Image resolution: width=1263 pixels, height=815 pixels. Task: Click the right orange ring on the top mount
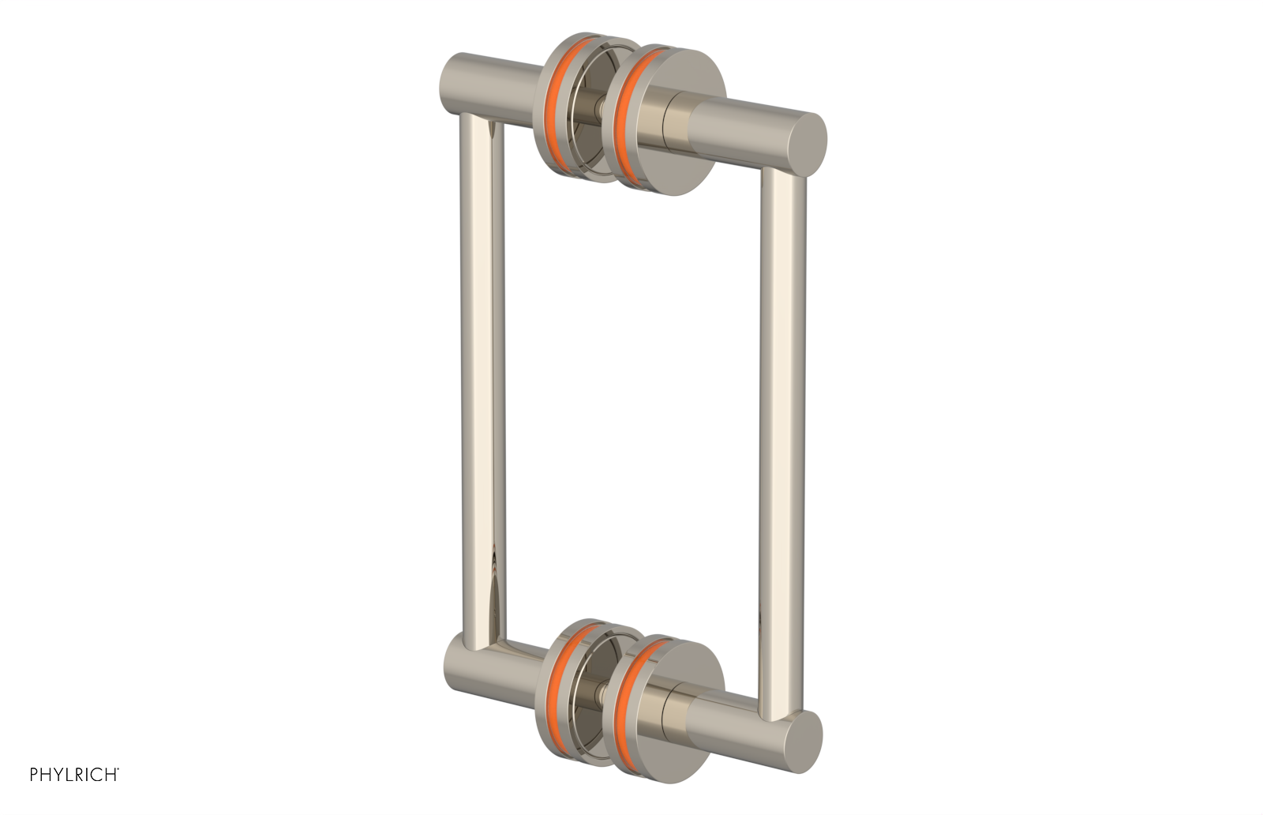628,118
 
